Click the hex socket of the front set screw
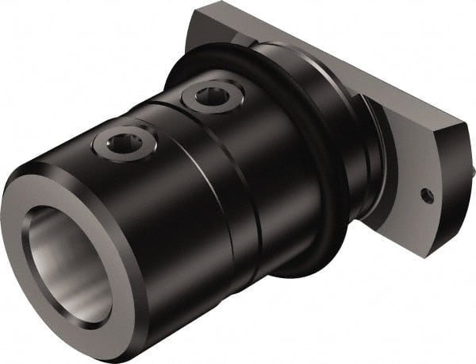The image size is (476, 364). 121,143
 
